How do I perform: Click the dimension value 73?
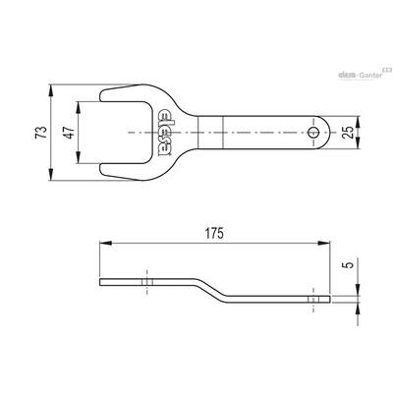click(x=41, y=133)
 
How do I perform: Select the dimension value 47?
click(x=70, y=133)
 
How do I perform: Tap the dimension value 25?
click(x=350, y=133)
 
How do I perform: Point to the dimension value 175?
click(x=214, y=234)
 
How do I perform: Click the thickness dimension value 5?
click(x=350, y=264)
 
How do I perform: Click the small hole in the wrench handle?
click(x=313, y=133)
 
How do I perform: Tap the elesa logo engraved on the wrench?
click(x=165, y=133)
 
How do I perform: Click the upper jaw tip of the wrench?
click(x=101, y=94)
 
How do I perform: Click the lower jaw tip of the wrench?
click(x=101, y=170)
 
